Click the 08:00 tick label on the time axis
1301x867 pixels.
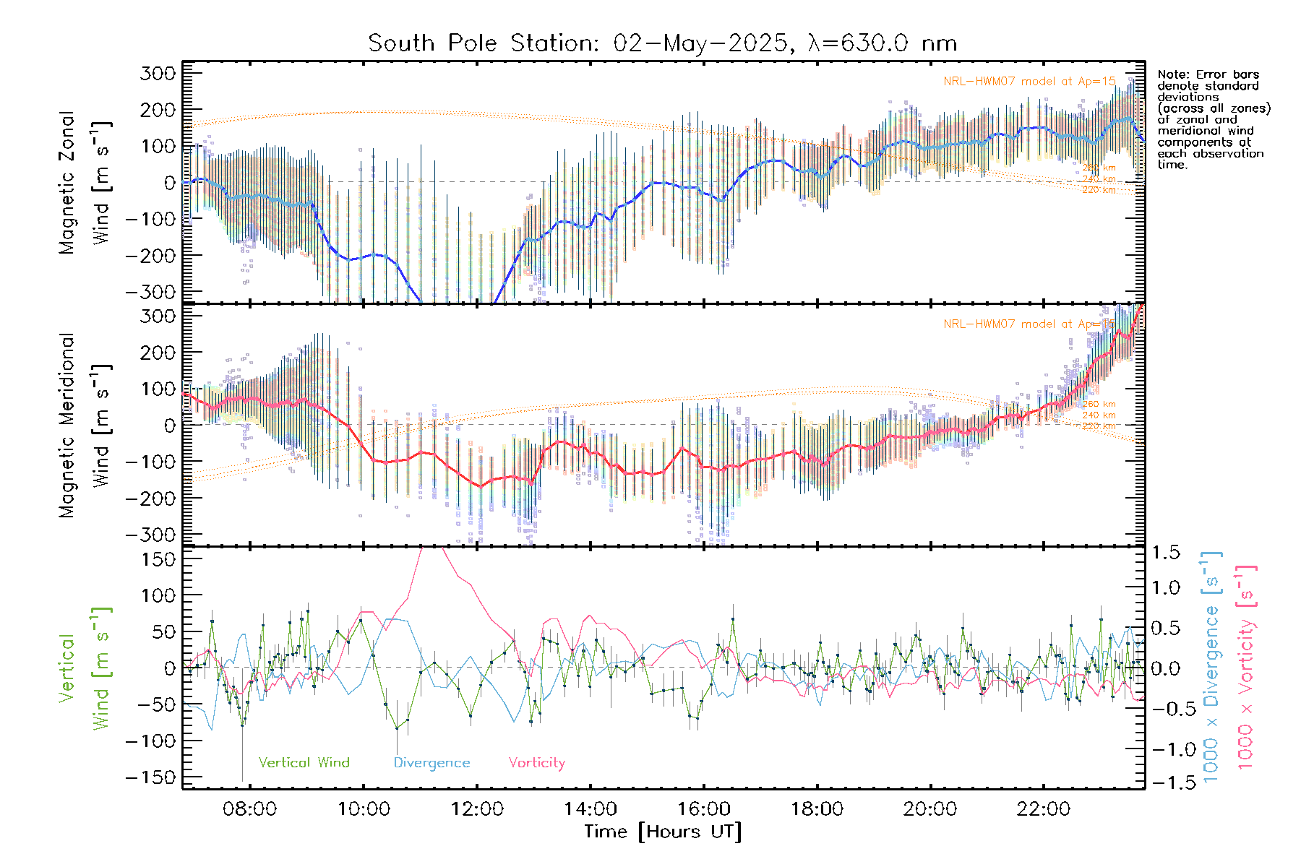coord(249,809)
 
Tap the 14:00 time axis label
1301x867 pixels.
coord(591,809)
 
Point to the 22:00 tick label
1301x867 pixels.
coord(1043,809)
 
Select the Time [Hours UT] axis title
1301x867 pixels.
coord(663,832)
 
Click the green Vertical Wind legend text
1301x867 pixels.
coord(304,762)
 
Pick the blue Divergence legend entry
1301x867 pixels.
coord(431,762)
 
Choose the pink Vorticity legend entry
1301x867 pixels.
coord(536,762)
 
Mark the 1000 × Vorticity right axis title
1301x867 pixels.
coord(1245,667)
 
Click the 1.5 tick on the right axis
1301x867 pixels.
coord(1165,553)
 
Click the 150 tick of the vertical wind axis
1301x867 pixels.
coord(158,559)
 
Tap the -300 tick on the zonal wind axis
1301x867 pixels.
coord(150,292)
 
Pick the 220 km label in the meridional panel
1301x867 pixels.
coord(1099,426)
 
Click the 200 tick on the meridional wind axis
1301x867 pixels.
coord(158,353)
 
